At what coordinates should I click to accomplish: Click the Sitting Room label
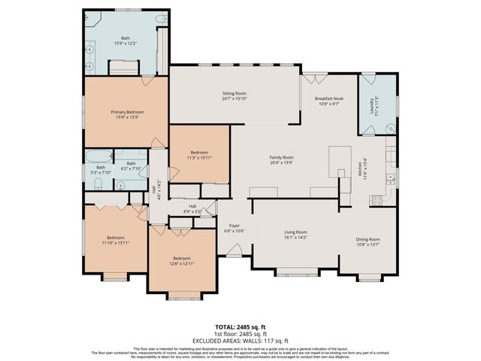click(x=234, y=94)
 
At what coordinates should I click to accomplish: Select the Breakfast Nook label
click(x=328, y=99)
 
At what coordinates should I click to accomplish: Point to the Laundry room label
click(x=371, y=105)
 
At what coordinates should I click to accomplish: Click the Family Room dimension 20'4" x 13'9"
click(x=281, y=162)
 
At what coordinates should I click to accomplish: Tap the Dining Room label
click(x=368, y=239)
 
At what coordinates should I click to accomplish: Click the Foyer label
click(x=234, y=225)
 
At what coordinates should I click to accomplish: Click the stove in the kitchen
click(x=377, y=200)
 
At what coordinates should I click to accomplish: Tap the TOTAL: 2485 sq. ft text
click(x=240, y=327)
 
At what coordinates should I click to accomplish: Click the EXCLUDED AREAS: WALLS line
click(x=240, y=339)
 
